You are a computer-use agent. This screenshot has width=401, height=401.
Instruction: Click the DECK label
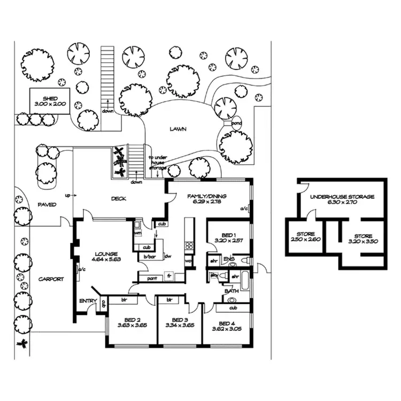pyautogui.click(x=118, y=199)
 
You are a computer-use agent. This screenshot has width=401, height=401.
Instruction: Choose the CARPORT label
pyautogui.click(x=51, y=279)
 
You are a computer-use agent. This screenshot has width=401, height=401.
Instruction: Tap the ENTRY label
pyautogui.click(x=88, y=301)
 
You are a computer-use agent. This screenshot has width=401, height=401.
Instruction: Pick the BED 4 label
pyautogui.click(x=227, y=323)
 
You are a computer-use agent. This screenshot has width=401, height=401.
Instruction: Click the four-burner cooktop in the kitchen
pyautogui.click(x=188, y=246)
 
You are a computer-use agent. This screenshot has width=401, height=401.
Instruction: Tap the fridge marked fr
pyautogui.click(x=169, y=276)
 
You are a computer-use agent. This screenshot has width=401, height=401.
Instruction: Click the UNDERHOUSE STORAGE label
pyautogui.click(x=342, y=197)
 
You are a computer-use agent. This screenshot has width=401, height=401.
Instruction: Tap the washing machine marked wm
pyautogui.click(x=137, y=233)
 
